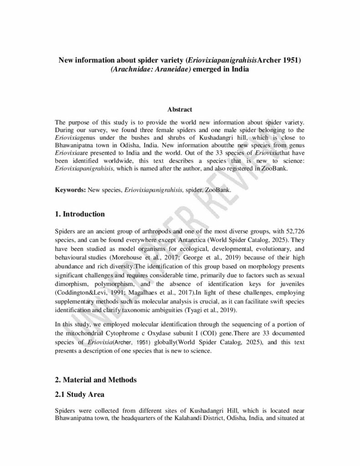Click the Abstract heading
180,110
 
